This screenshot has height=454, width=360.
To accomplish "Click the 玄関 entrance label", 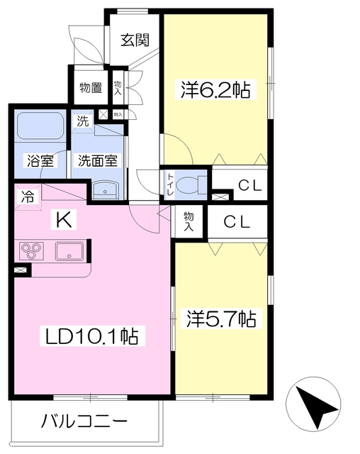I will tap(135, 40).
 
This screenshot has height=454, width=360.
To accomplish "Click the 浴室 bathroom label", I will tap(40, 160).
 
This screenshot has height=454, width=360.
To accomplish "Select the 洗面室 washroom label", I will tap(99, 160).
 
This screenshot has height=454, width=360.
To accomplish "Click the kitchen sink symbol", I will tap(69, 250).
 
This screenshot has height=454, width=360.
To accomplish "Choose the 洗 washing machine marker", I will tap(84, 121).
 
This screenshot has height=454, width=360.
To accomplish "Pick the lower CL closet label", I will tap(237, 221).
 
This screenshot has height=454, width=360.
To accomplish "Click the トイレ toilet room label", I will tap(170, 184).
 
